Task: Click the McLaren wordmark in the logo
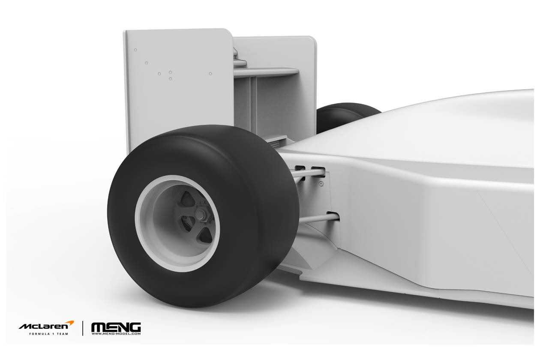point(44,327)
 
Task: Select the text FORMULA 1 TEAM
point(49,334)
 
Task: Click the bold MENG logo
point(116,327)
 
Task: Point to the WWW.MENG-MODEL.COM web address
point(116,334)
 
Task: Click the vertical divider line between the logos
point(83,328)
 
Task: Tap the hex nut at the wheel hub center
point(200,213)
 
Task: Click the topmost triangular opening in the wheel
point(187,199)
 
